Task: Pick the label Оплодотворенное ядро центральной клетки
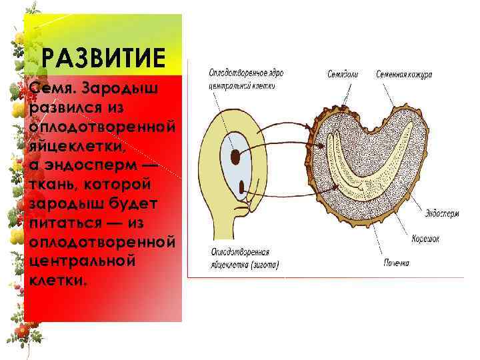[x=241, y=79]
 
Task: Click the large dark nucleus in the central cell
[x=236, y=157]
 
